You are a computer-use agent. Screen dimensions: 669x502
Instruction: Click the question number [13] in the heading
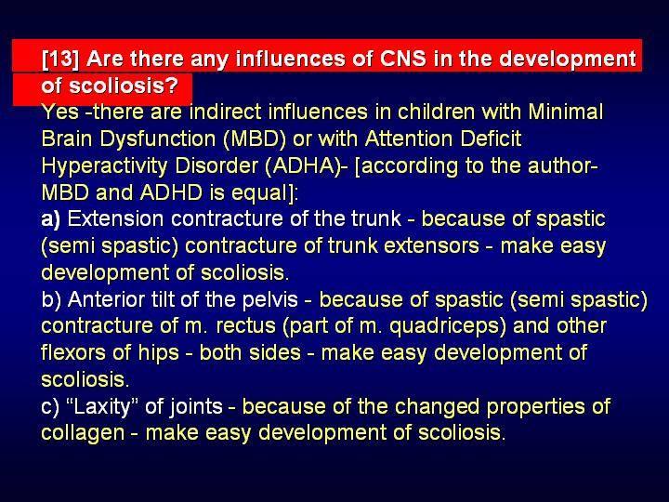point(60,59)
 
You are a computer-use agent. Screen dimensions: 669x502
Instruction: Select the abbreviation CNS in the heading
point(402,58)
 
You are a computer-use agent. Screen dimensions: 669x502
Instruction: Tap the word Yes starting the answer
point(60,112)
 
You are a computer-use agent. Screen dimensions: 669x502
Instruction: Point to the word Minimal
point(566,112)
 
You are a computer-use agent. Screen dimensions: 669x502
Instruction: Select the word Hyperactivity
point(104,166)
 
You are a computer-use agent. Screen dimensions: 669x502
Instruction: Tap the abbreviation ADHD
point(171,192)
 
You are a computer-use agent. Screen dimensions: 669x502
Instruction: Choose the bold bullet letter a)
point(51,219)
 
